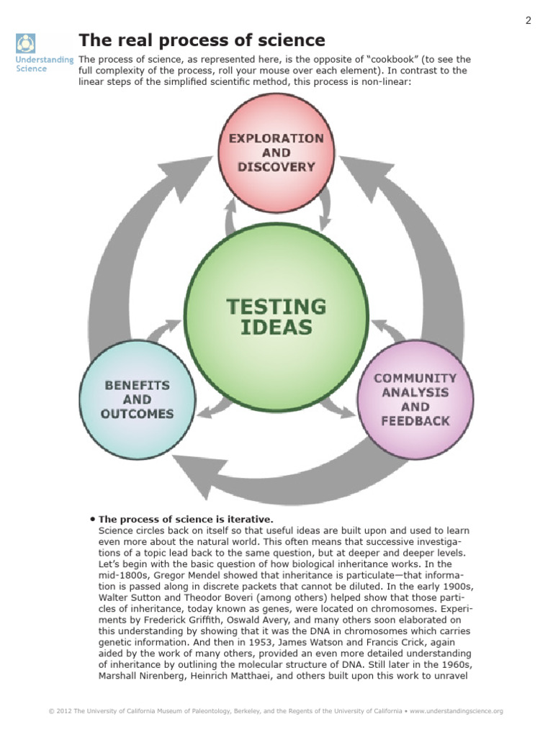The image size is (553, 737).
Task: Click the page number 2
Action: click(x=528, y=20)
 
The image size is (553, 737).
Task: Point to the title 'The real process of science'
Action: click(x=202, y=40)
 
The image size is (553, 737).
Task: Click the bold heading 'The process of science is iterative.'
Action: click(x=186, y=519)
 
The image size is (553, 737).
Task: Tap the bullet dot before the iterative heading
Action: click(x=93, y=518)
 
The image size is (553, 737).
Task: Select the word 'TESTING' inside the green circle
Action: click(x=276, y=307)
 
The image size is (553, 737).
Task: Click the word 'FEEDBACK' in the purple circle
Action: click(x=416, y=421)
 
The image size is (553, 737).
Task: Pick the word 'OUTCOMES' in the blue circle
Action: click(x=138, y=414)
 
